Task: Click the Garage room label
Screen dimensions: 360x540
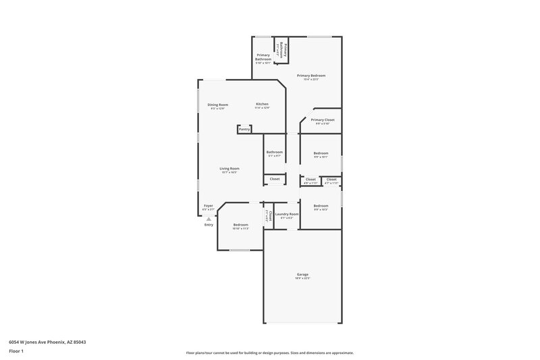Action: point(302,274)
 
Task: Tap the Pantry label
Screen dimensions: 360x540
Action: point(244,129)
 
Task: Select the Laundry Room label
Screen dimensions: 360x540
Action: point(287,214)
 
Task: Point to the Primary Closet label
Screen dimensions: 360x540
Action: point(323,120)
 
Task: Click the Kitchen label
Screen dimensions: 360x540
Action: point(262,104)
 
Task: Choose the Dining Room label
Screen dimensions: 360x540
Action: point(218,105)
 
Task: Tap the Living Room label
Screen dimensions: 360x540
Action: point(230,168)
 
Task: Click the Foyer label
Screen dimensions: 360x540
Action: point(209,206)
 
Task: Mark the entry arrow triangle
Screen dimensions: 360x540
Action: point(209,219)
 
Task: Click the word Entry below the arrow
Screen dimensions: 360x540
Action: point(209,225)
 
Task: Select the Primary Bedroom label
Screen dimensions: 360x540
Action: point(311,76)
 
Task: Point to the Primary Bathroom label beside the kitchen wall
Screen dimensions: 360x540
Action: point(263,57)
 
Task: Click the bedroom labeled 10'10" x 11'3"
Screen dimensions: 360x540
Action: point(241,225)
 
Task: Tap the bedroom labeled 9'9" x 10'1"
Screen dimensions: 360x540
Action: point(321,153)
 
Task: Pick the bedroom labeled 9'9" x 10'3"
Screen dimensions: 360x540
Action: point(321,206)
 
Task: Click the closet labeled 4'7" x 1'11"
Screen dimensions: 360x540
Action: point(331,180)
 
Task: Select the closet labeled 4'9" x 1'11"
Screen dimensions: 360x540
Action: point(310,180)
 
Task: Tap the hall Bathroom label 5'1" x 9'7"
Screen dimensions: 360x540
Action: point(274,153)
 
